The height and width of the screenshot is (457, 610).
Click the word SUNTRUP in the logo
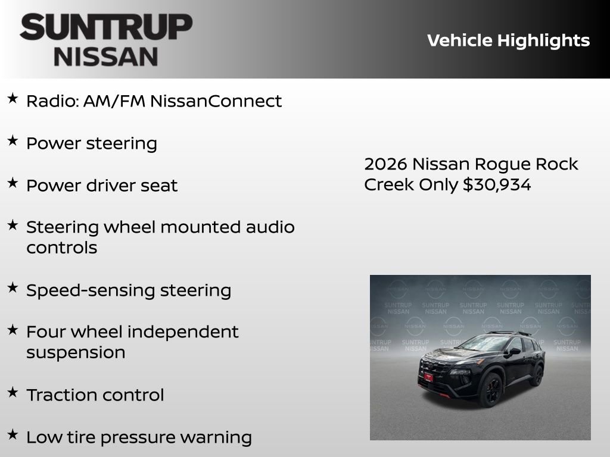[106, 28]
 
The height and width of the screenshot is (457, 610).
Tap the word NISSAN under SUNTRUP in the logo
[106, 56]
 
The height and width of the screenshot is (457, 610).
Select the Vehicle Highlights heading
[508, 40]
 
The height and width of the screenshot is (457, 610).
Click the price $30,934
[497, 184]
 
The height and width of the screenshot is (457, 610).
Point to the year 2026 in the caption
[385, 164]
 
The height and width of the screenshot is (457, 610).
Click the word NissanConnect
[216, 101]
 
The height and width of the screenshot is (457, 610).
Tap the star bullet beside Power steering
[13, 141]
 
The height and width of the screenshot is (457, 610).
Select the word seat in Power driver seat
[158, 185]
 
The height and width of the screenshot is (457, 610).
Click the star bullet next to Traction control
[13, 392]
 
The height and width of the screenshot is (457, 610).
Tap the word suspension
[76, 352]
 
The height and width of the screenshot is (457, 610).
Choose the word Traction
[61, 395]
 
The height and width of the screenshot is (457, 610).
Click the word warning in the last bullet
[216, 437]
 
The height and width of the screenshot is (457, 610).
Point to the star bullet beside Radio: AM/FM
[13, 99]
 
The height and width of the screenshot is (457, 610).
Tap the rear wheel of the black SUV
[537, 375]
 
